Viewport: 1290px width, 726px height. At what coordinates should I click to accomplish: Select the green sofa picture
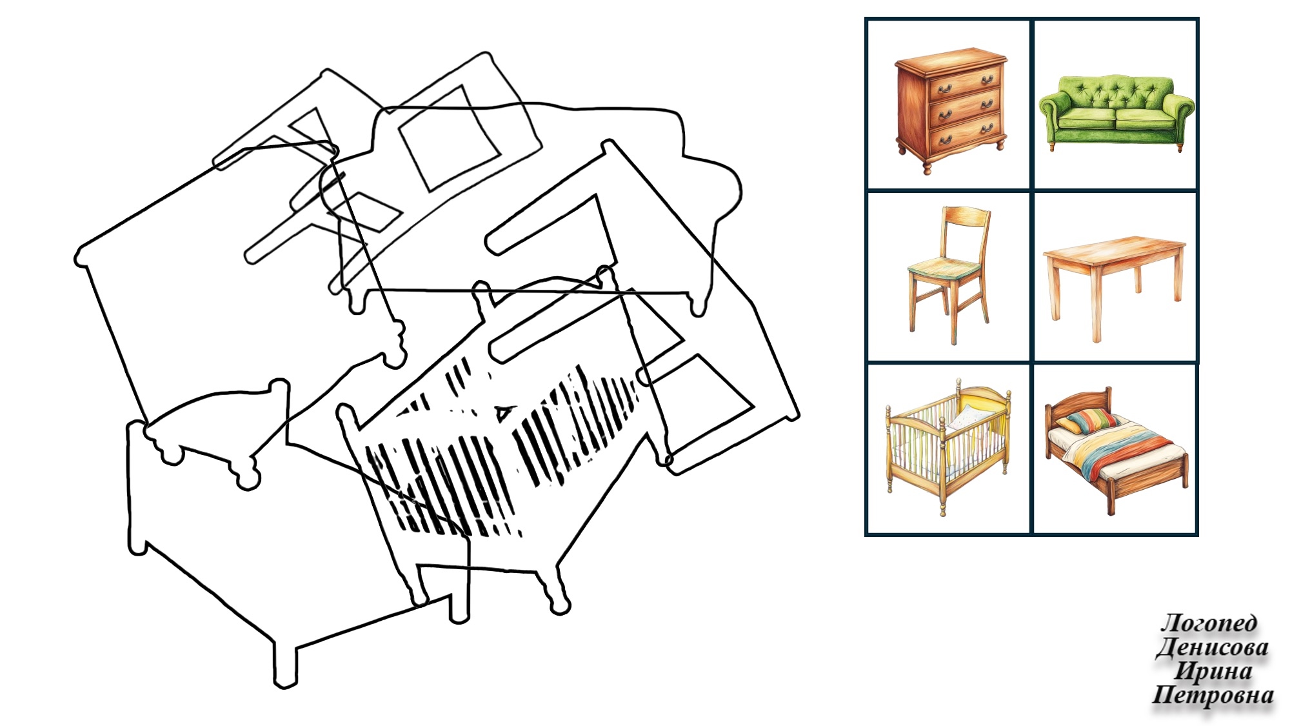1116,114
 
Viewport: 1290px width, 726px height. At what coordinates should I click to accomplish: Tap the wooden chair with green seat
949,274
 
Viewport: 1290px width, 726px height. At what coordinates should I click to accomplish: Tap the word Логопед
1209,623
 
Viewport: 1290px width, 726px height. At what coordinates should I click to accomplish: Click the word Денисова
1212,647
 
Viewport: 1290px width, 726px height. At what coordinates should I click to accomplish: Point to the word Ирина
1213,671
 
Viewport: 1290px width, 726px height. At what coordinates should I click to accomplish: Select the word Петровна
1213,694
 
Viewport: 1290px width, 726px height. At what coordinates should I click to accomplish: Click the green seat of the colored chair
944,267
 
